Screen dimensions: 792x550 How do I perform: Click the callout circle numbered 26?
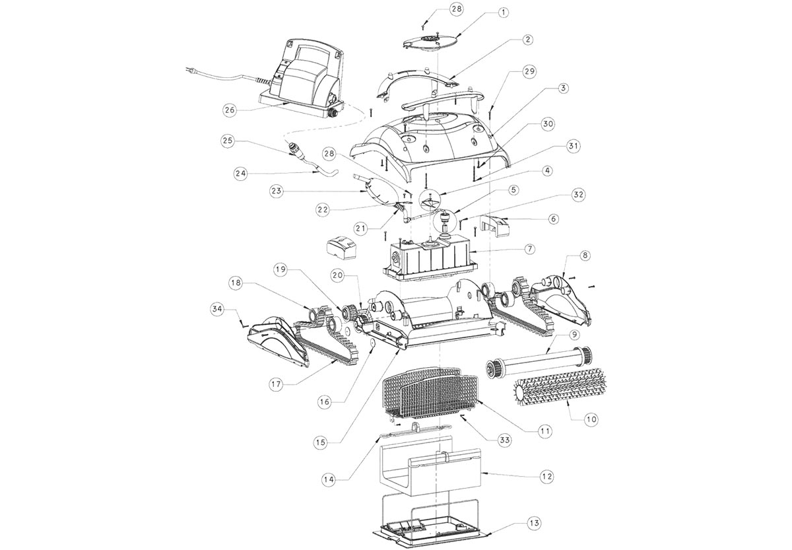point(230,110)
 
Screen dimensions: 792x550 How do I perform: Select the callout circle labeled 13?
point(534,523)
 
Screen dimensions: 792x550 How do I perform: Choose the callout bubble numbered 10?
point(591,419)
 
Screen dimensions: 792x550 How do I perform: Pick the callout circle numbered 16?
point(325,402)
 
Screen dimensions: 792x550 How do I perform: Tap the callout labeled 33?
point(504,440)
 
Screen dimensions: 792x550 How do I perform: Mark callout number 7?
point(529,250)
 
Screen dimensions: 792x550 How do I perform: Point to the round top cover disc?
point(428,44)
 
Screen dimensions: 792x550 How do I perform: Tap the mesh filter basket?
point(430,394)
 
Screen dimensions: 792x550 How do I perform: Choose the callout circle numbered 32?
point(579,195)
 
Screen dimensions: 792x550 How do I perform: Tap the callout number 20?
point(338,276)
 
